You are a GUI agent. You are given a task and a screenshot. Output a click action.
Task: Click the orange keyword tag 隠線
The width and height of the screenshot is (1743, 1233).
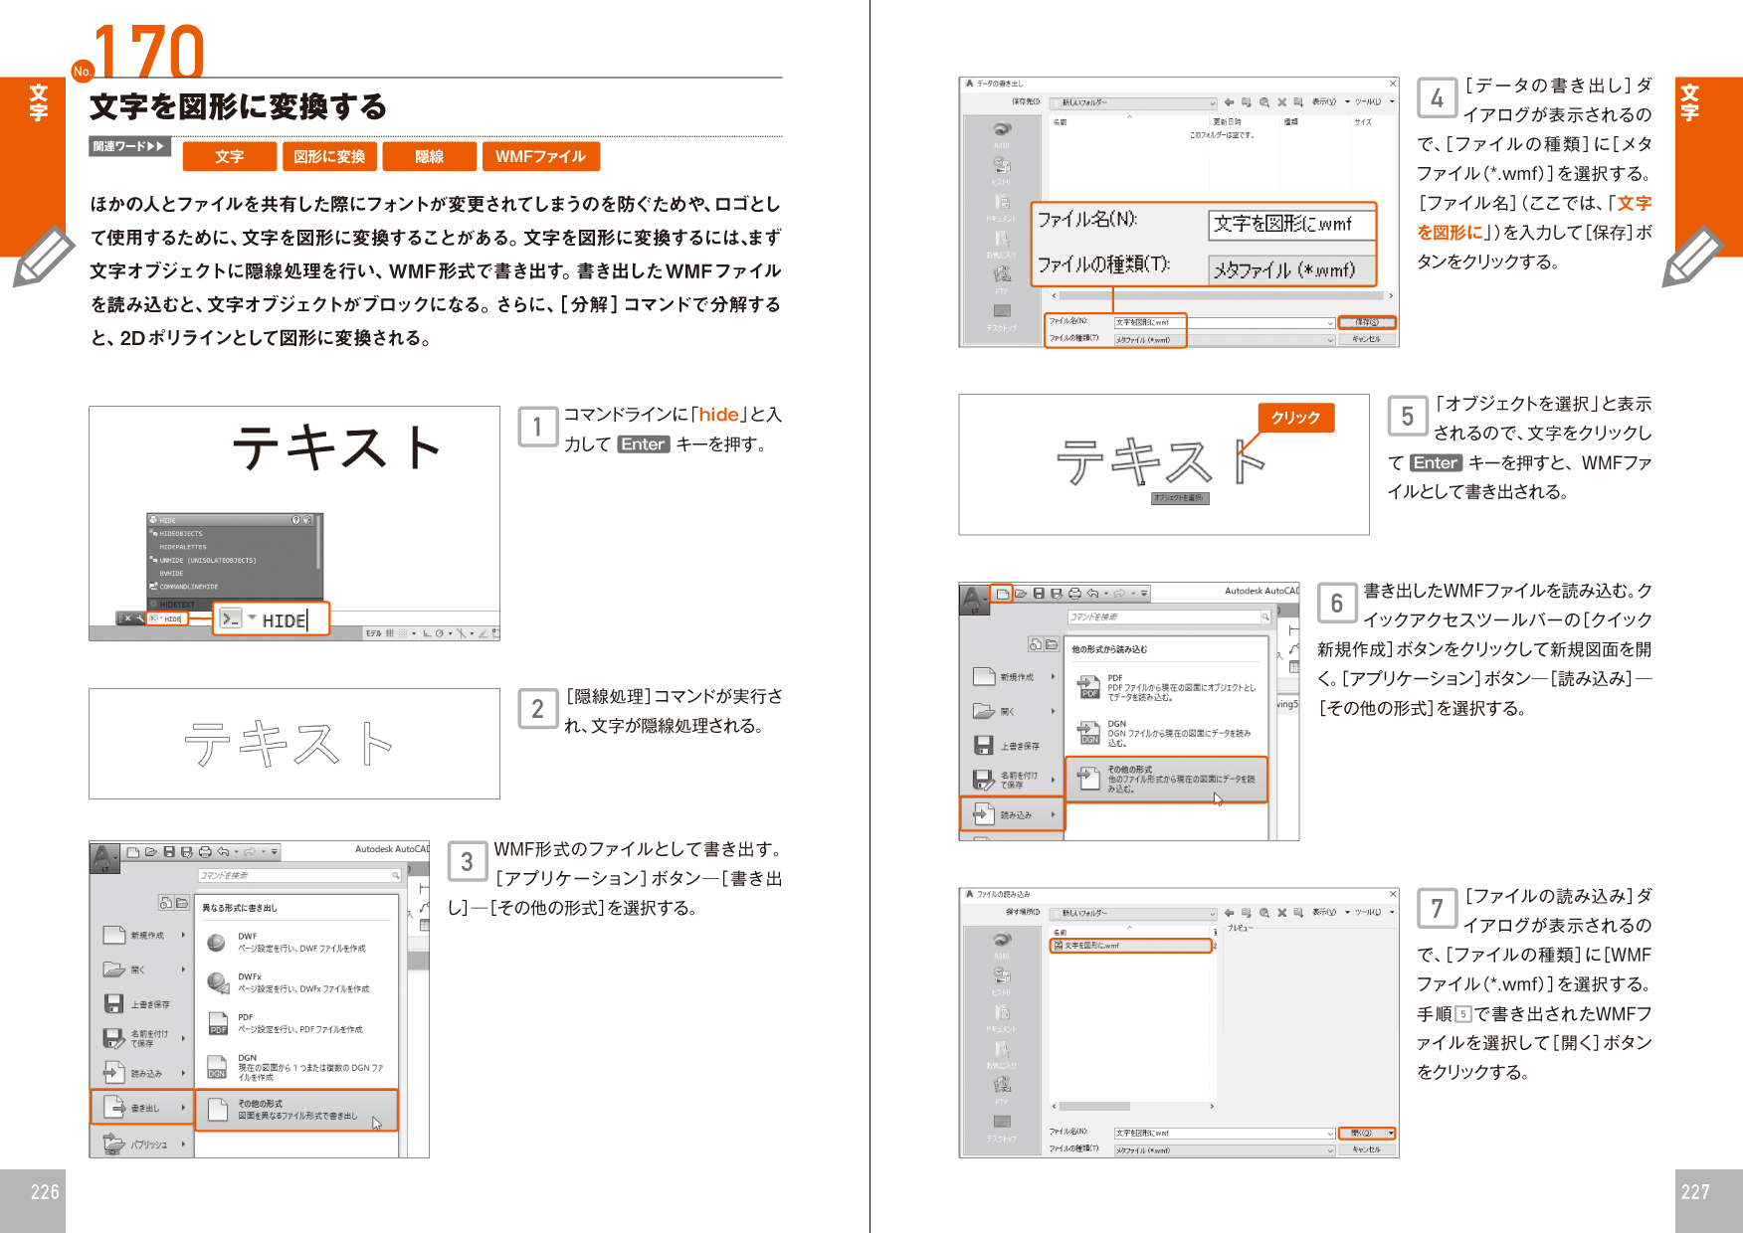[x=429, y=157]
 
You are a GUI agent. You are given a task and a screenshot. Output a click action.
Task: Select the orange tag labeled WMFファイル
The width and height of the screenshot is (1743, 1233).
[x=540, y=157]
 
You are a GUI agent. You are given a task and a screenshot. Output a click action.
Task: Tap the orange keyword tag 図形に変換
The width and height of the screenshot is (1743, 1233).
[x=329, y=157]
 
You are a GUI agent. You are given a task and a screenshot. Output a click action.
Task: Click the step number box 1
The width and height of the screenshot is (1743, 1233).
[x=537, y=428]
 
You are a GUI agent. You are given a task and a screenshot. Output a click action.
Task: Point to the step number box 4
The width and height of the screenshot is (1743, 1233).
[x=1437, y=98]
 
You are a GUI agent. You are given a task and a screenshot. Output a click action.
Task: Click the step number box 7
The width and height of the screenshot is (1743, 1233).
[x=1437, y=909]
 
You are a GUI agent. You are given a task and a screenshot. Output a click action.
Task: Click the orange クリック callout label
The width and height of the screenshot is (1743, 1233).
[x=1295, y=418]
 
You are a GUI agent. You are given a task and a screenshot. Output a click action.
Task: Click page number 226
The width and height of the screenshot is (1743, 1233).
[x=44, y=1192]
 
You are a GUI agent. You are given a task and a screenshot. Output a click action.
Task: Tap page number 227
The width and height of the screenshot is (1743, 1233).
[x=1695, y=1192]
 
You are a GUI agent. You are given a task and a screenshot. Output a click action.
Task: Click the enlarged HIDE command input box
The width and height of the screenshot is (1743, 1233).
[x=272, y=619]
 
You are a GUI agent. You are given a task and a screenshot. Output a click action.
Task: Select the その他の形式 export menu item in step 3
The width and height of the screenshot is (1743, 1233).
[x=296, y=1110]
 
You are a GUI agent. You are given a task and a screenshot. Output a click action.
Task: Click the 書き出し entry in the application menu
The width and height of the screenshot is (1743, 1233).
[x=143, y=1108]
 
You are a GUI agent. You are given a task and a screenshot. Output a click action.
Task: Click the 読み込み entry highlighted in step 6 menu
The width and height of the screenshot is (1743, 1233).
[x=1013, y=814]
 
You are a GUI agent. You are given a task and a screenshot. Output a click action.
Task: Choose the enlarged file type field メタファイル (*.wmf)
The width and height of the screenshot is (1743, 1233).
[x=1290, y=269]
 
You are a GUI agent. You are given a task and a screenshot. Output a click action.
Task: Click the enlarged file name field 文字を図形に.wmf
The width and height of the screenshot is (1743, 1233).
[x=1290, y=224]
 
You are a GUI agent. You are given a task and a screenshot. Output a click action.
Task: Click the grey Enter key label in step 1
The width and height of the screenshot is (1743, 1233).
[x=643, y=444]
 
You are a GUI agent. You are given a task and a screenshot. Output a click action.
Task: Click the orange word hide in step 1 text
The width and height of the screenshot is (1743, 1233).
[x=718, y=415]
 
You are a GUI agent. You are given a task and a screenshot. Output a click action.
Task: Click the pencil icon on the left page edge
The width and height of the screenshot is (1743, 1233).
[x=42, y=257]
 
